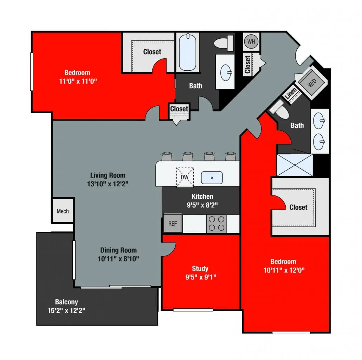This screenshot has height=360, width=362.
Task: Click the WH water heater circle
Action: pos(251,41)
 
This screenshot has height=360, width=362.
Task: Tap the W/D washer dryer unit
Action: pos(311,84)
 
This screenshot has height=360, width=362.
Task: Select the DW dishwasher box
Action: pos(185,177)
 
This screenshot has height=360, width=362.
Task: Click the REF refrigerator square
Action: pos(173,223)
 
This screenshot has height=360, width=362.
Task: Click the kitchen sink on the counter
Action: pos(212,178)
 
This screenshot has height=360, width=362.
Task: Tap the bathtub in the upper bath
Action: pos(188,52)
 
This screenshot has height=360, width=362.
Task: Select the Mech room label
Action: pos(63,211)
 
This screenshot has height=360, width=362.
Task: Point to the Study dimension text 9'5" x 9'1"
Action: pos(200,277)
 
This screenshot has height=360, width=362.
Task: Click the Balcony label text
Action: pos(66,302)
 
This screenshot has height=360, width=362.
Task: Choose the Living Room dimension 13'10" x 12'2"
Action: pos(108,183)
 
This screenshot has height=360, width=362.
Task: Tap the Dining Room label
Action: pos(118,250)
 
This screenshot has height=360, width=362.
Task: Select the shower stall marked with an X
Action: pos(295,165)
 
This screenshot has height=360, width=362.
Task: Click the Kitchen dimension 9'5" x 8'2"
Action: pos(202,205)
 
